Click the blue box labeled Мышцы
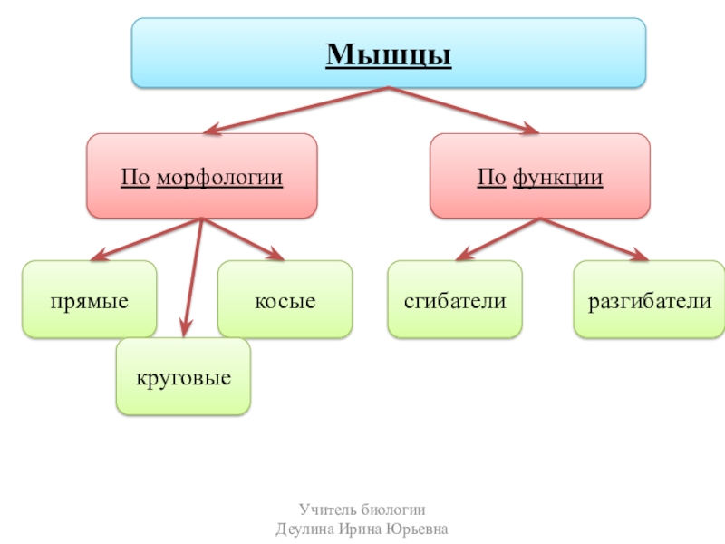click(389, 54)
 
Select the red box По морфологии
click(201, 176)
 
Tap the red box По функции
click(540, 176)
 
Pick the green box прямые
click(89, 300)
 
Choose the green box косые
click(285, 300)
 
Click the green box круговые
click(183, 376)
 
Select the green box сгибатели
click(454, 300)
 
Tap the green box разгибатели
click(649, 300)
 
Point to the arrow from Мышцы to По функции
click(461, 108)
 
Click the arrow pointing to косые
click(243, 238)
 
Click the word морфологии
click(219, 176)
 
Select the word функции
click(557, 176)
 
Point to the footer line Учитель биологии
click(362, 510)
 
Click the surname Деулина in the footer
click(304, 529)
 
